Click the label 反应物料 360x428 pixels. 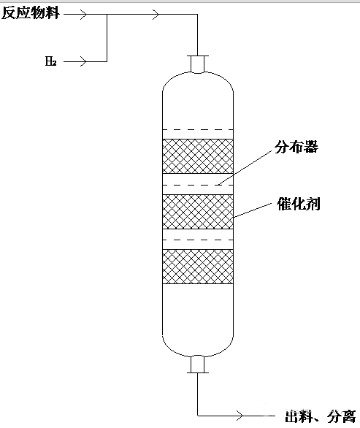30,13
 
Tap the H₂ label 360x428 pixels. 51,61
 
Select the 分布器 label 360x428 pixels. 296,147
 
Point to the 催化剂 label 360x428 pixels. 299,204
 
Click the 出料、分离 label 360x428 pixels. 320,416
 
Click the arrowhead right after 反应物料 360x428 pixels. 83,14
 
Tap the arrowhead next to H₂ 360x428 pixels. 83,61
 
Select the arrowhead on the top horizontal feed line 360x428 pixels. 156,14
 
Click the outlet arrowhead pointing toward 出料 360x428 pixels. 240,416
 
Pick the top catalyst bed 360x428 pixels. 198,156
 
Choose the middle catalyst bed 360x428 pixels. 198,212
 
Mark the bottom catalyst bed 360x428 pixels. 198,267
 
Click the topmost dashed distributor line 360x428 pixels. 198,130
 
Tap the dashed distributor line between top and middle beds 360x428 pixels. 198,185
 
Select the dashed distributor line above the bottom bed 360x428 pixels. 198,240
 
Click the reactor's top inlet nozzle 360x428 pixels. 198,64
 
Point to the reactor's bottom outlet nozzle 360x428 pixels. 198,364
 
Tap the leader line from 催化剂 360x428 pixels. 253,210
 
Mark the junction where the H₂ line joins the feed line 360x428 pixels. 107,14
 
